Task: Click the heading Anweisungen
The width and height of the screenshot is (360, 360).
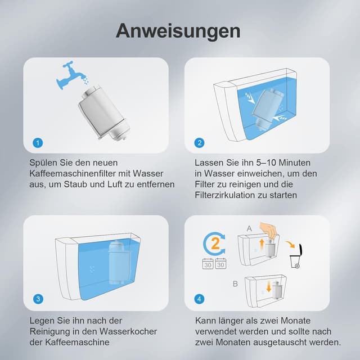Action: pyautogui.click(x=178, y=30)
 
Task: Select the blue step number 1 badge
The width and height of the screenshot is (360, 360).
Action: pyautogui.click(x=37, y=143)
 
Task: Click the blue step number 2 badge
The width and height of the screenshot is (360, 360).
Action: pyautogui.click(x=200, y=143)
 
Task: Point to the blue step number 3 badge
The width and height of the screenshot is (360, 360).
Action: pyautogui.click(x=37, y=299)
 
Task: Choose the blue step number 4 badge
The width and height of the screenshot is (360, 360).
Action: pyautogui.click(x=200, y=299)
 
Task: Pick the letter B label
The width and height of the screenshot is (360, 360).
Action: pyautogui.click(x=235, y=284)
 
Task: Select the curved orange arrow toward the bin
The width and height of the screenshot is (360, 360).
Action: pyautogui.click(x=289, y=245)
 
